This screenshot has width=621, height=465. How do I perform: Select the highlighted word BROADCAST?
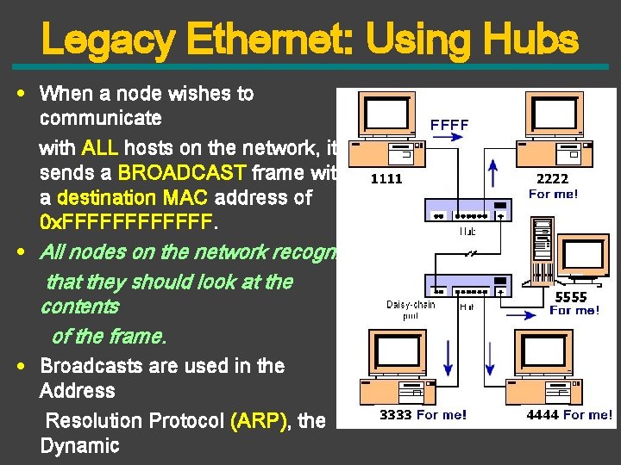pyautogui.click(x=180, y=172)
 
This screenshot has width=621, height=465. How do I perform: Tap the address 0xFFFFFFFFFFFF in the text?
pyautogui.click(x=126, y=222)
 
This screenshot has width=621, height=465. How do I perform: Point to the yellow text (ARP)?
pyautogui.click(x=261, y=420)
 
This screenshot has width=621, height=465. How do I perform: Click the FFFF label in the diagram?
pyautogui.click(x=449, y=126)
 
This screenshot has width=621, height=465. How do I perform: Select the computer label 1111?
pyautogui.click(x=386, y=180)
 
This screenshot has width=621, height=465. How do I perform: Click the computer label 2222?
pyautogui.click(x=552, y=179)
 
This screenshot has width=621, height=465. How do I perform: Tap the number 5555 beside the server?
pyautogui.click(x=570, y=297)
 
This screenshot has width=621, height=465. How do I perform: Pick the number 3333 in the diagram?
pyautogui.click(x=396, y=415)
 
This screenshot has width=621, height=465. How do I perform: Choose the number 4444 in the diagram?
pyautogui.click(x=543, y=415)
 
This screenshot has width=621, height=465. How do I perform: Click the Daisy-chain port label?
pyautogui.click(x=411, y=310)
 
